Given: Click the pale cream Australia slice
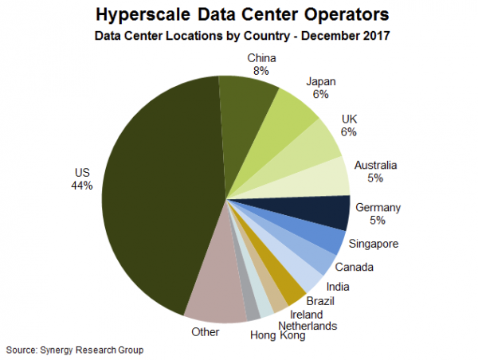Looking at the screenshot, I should click(327, 177).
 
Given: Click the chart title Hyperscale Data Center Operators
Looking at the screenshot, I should click(238, 15).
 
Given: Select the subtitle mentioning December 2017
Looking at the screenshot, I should click(238, 36).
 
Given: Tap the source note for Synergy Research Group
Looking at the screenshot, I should click(75, 350).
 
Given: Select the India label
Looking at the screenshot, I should click(339, 286).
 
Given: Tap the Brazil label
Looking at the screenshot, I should click(319, 301).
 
